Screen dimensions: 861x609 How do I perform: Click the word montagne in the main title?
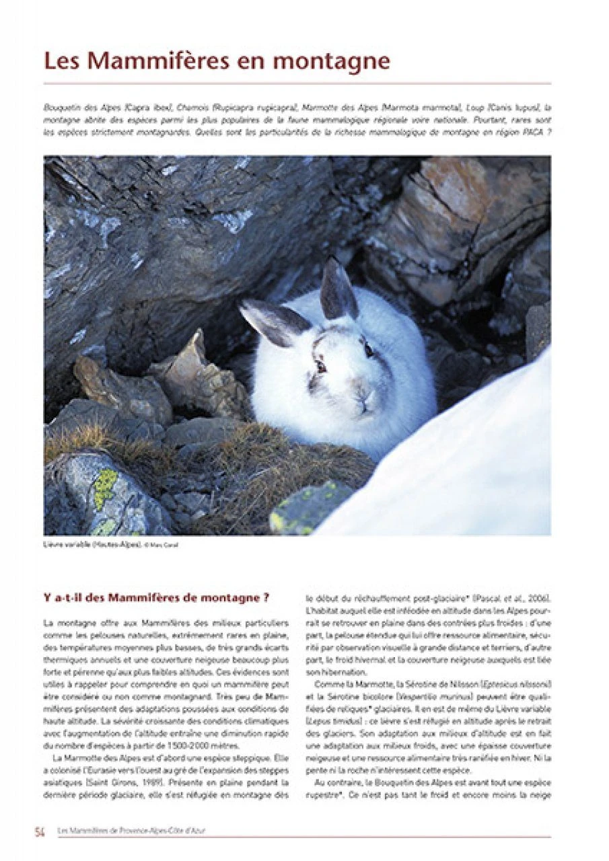[x=334, y=61]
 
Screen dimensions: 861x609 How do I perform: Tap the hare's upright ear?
[x=338, y=289]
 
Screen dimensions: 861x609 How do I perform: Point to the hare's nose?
[x=365, y=396]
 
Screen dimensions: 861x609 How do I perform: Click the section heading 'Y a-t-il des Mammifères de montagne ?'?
[x=156, y=597]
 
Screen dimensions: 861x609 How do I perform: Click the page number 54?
[x=40, y=831]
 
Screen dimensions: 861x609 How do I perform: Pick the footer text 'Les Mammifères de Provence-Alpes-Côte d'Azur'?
[x=132, y=831]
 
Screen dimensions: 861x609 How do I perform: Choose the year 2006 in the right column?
[x=538, y=598]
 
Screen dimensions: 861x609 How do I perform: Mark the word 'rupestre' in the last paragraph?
[x=322, y=795]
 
